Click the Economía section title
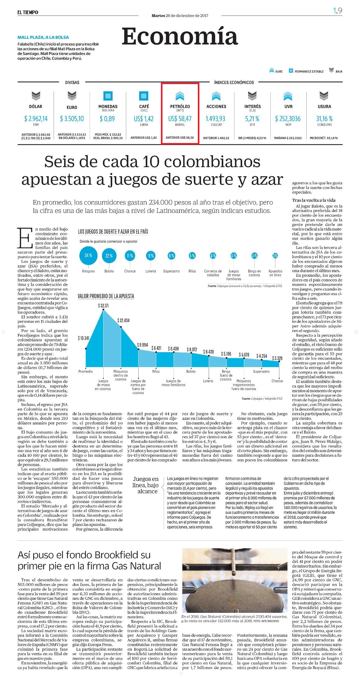pyautogui.click(x=180, y=37)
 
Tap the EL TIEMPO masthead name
pyautogui.click(x=28, y=12)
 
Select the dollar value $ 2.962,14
pyautogui.click(x=36, y=119)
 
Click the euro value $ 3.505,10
pyautogui.click(x=72, y=119)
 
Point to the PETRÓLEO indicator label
pyautogui.click(x=180, y=106)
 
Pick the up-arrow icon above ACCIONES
pyautogui.click(x=216, y=96)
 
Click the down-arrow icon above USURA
pyautogui.click(x=324, y=96)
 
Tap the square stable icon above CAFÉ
pyautogui.click(x=144, y=96)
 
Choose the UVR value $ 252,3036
pyautogui.click(x=288, y=119)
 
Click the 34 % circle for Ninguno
pyautogui.click(x=88, y=256)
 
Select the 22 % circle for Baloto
pyautogui.click(x=109, y=256)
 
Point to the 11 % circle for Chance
pyautogui.click(x=130, y=256)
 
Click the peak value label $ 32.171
pyautogui.click(x=104, y=306)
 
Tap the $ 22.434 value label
pyautogui.click(x=123, y=320)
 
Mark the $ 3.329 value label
pyautogui.click(x=277, y=358)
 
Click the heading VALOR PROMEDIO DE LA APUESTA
pyautogui.click(x=106, y=296)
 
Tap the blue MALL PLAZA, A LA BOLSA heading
pyautogui.click(x=43, y=37)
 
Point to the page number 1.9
pyautogui.click(x=338, y=11)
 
